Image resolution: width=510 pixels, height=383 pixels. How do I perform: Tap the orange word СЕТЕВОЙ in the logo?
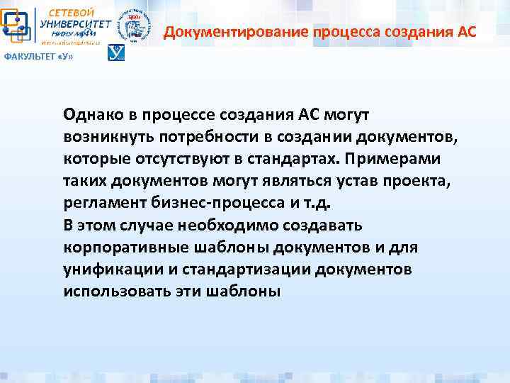point(71,12)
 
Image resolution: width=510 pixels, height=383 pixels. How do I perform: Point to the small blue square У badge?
point(115,53)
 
